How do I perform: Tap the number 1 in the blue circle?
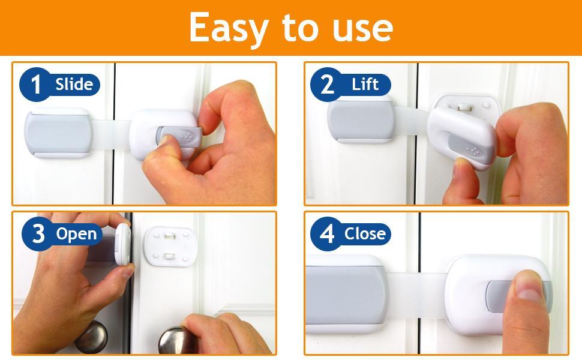[x=37, y=84]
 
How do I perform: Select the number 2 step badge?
[x=327, y=84]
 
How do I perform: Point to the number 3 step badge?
[x=38, y=233]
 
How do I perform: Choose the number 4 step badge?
[x=327, y=233]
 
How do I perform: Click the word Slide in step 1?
[x=74, y=84]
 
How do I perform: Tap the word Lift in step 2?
[x=365, y=84]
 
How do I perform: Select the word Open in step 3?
[x=76, y=233]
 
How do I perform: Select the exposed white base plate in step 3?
[x=170, y=246]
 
